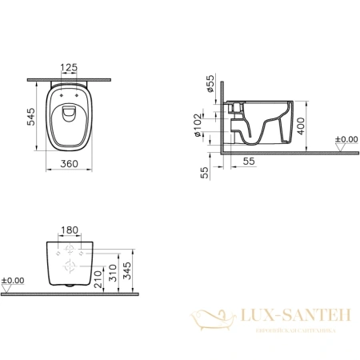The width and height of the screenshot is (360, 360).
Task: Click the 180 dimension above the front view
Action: click(x=71, y=230)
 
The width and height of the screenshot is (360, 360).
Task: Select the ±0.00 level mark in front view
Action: click(x=14, y=281)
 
